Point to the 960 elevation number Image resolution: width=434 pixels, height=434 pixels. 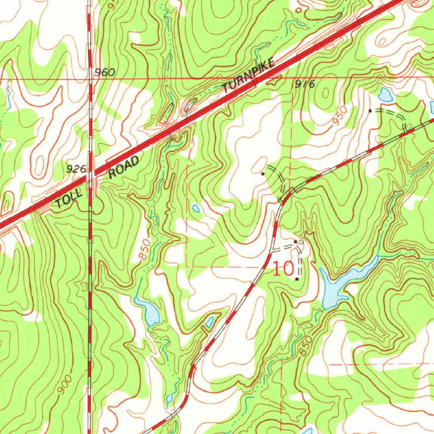105,72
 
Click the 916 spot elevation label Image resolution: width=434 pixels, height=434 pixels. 305,84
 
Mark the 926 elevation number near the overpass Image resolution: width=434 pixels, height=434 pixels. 76,170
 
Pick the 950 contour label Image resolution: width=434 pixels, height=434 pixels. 339,115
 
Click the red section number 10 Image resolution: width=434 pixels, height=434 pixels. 283,269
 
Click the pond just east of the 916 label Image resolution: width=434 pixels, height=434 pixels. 385,95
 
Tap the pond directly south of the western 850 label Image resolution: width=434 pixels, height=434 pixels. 148,312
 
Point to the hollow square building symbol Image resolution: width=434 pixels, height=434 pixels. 301,242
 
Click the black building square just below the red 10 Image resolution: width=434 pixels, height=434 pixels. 297,279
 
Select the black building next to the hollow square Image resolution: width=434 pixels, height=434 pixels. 295,242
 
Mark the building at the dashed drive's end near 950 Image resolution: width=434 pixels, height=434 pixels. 370,111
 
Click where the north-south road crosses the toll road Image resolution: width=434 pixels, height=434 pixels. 90,173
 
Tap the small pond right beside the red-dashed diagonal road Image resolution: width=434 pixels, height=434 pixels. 209,323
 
